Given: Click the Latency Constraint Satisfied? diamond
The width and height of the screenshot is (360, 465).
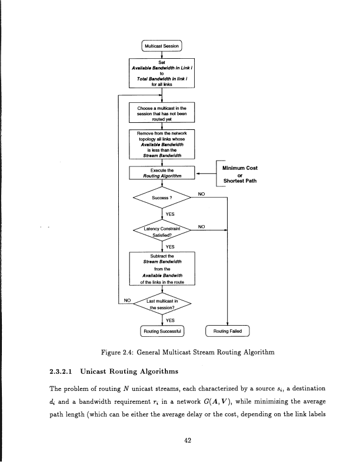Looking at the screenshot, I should [x=161, y=231].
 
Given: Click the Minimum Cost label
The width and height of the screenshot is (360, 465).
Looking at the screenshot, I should [x=240, y=167].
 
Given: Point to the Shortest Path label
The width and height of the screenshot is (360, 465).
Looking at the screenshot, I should [x=240, y=180].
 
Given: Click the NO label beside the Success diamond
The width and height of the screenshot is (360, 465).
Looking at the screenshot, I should [x=201, y=193].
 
